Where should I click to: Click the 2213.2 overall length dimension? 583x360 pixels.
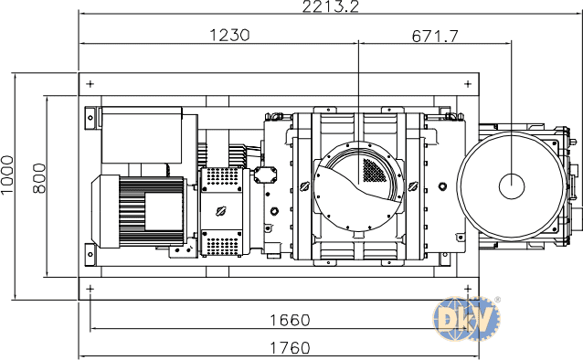pyautogui.click(x=331, y=6)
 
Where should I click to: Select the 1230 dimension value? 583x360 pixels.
pyautogui.click(x=229, y=35)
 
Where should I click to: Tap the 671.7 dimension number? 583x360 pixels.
pyautogui.click(x=435, y=36)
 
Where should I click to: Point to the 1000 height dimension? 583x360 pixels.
pyautogui.click(x=7, y=175)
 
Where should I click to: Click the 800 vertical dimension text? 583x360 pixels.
pyautogui.click(x=39, y=178)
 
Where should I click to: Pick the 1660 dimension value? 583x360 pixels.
pyautogui.click(x=290, y=320)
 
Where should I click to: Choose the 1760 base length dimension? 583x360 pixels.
pyautogui.click(x=290, y=348)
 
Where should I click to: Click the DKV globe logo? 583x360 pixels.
pyautogui.click(x=466, y=319)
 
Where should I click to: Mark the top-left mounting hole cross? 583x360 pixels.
pyautogui.click(x=90, y=84)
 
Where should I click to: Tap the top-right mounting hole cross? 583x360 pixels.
pyautogui.click(x=468, y=84)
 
